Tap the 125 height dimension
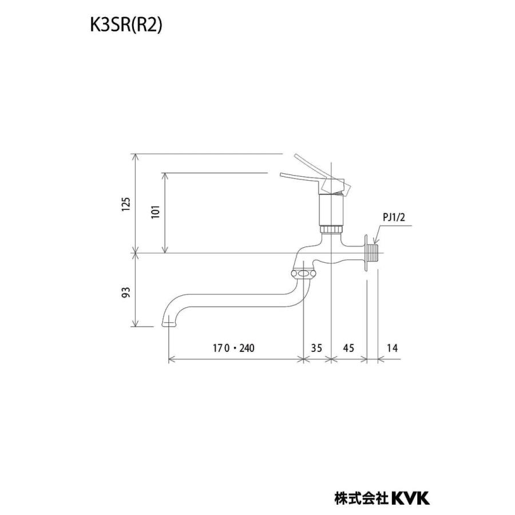point(126,203)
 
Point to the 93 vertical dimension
point(126,291)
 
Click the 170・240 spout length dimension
point(233,348)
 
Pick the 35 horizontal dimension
point(316,348)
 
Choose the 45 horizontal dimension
point(348,348)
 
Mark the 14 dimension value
point(391,348)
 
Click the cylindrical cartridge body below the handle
point(331,209)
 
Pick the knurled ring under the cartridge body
point(331,229)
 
